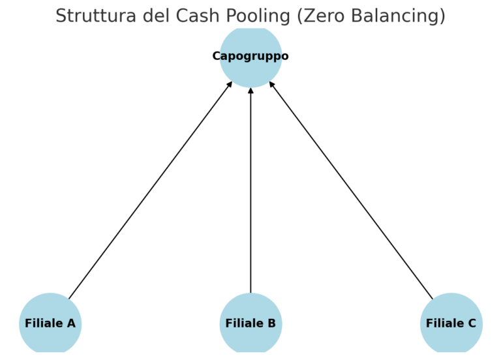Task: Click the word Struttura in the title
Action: pyautogui.click(x=90, y=16)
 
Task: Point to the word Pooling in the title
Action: pyautogui.click(x=252, y=16)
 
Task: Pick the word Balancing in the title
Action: pyautogui.click(x=400, y=16)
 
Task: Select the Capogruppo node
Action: pyautogui.click(x=250, y=56)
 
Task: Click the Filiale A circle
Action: pyautogui.click(x=50, y=323)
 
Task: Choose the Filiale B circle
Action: pyautogui.click(x=250, y=323)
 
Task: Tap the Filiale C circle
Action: pyautogui.click(x=451, y=323)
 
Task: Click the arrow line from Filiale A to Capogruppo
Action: pyautogui.click(x=150, y=190)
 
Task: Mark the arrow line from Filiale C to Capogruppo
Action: pyautogui.click(x=351, y=190)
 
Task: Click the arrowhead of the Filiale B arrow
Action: pyautogui.click(x=250, y=90)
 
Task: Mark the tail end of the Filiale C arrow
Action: pyautogui.click(x=431, y=297)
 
